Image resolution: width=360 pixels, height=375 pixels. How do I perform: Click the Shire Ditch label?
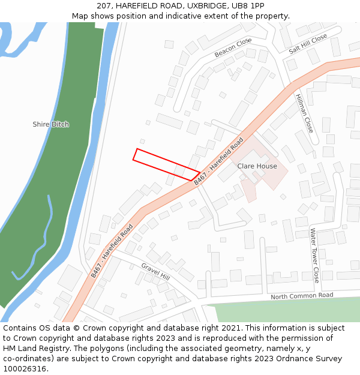coord(50,124)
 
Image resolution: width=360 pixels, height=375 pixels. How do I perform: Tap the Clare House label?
coord(257,166)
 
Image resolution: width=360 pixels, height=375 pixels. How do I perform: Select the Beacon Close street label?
coord(233,48)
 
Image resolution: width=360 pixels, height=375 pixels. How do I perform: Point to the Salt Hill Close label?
coord(308,43)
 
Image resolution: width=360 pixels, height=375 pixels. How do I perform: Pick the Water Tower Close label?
coord(314,255)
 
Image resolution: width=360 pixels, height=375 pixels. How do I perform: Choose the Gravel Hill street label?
coord(155,272)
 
